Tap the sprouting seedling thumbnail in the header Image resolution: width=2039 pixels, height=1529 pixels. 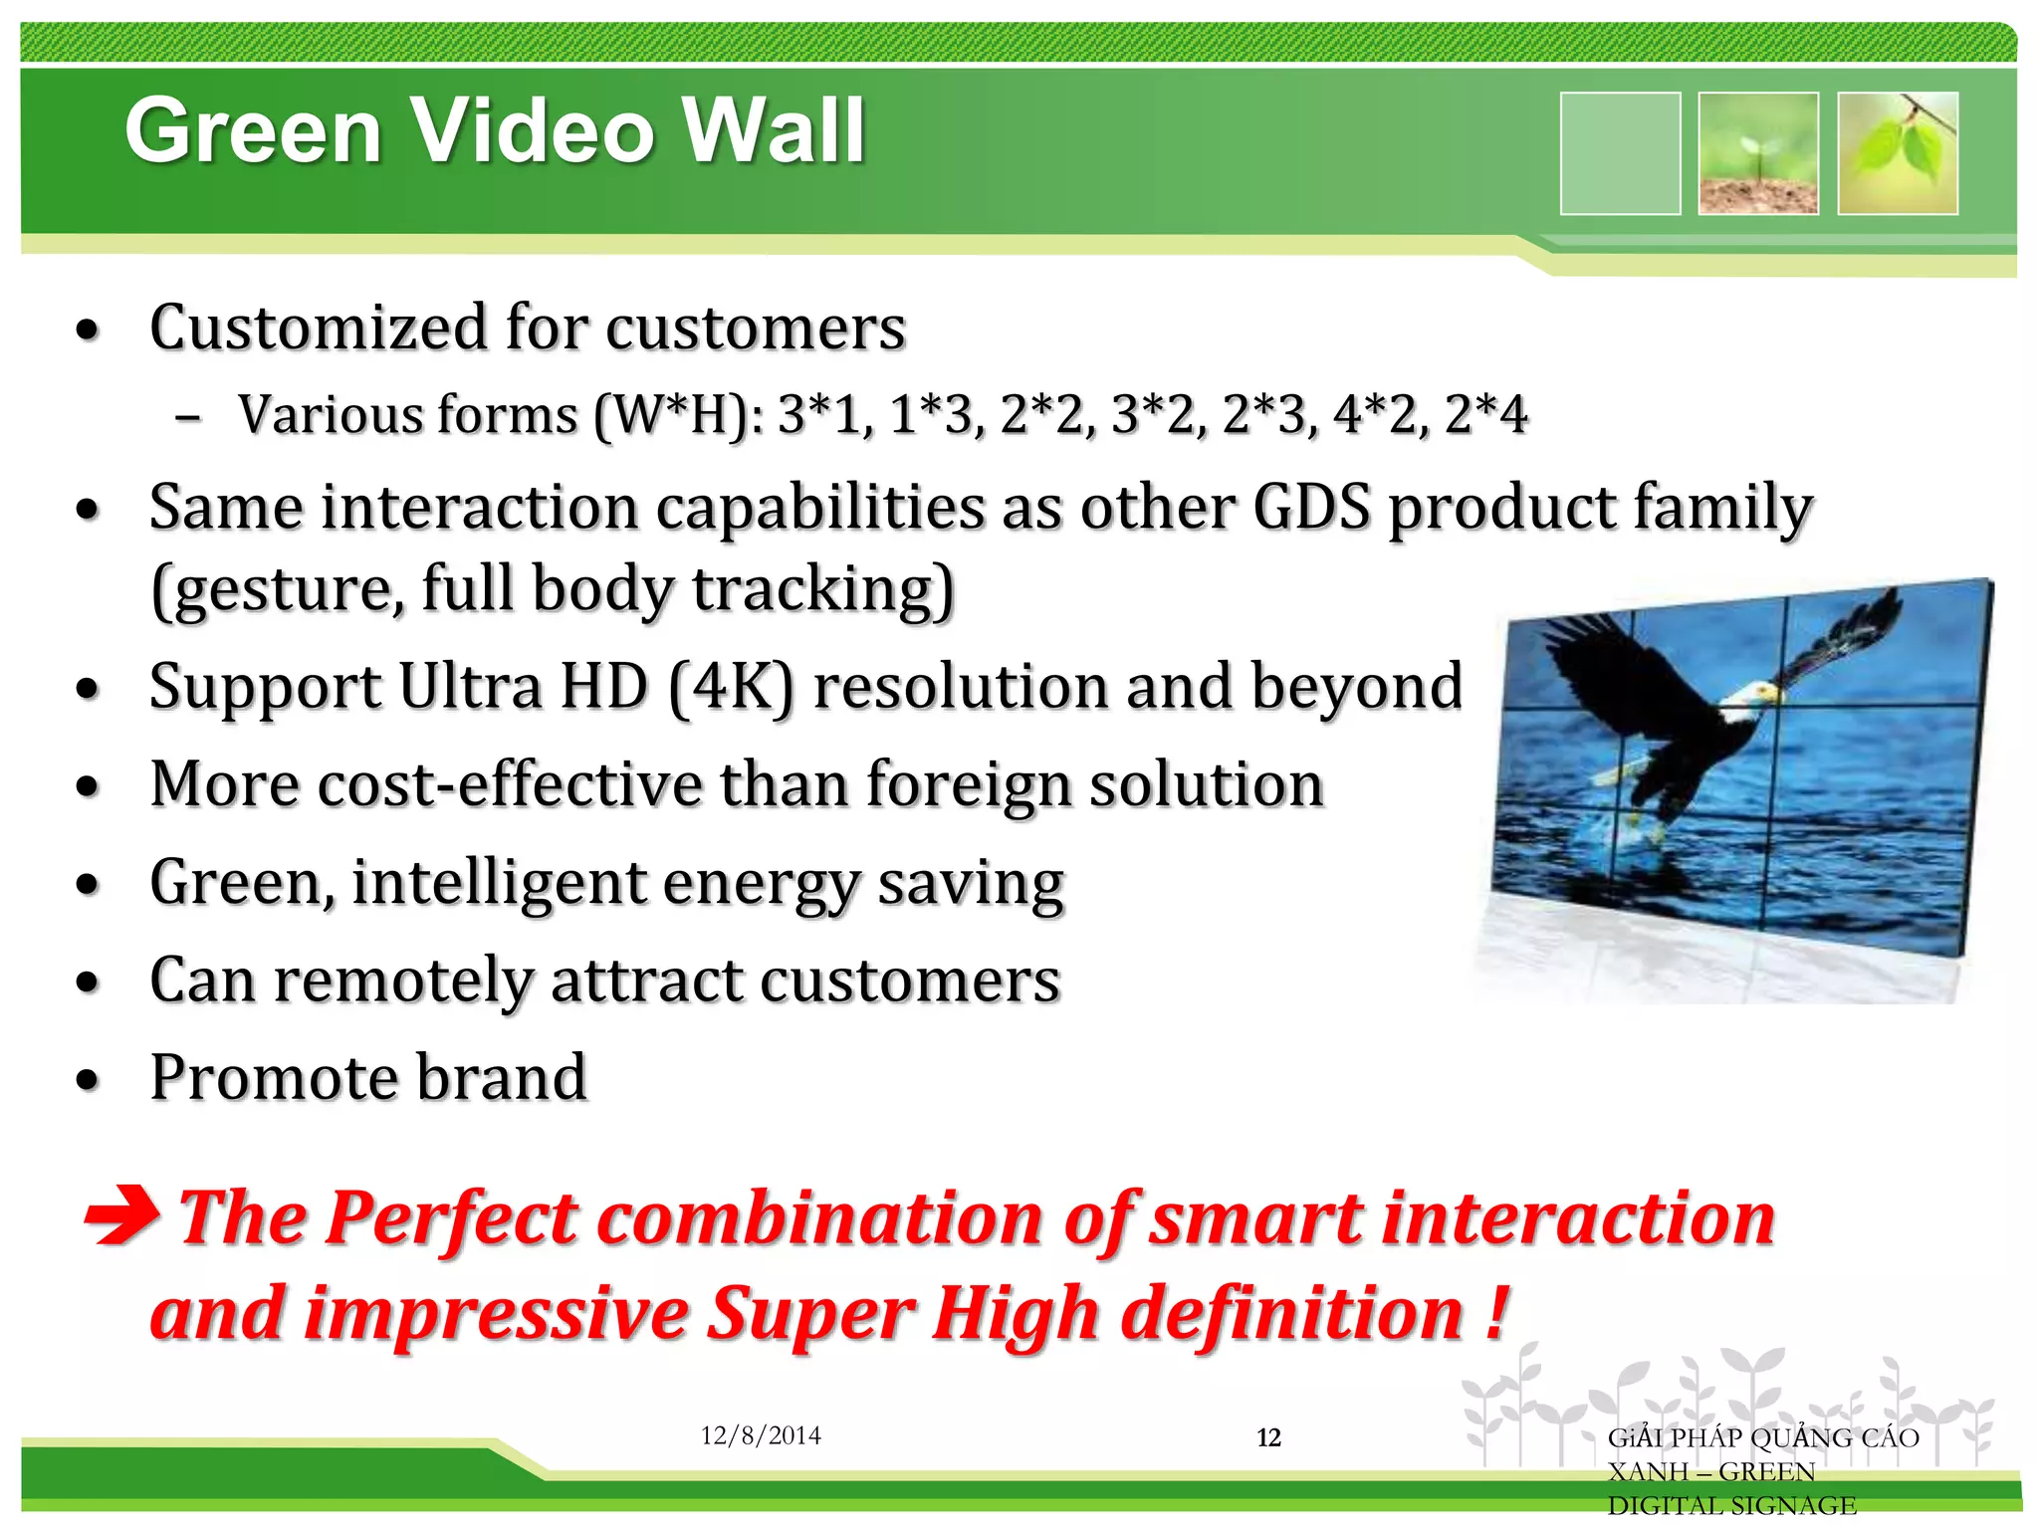coord(1758,153)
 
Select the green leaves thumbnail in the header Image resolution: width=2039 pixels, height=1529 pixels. coord(1898,153)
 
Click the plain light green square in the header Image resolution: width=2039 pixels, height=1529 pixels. coord(1620,153)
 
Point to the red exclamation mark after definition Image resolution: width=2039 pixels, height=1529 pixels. coord(1494,1313)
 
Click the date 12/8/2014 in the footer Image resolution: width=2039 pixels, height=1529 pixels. coord(761,1435)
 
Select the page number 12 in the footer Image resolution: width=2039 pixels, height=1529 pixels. coord(1268,1437)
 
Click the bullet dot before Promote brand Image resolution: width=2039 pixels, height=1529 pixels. coord(89,1080)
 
